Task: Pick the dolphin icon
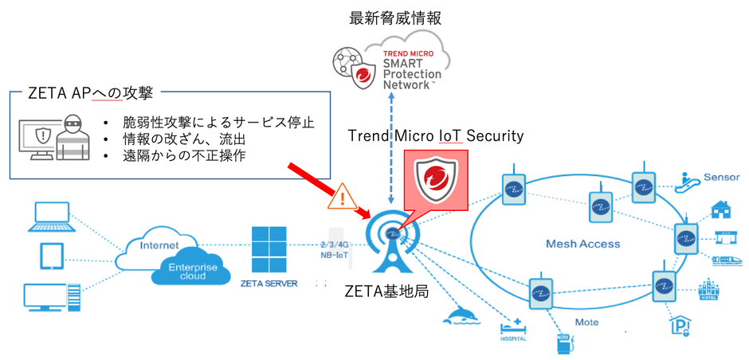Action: (465, 315)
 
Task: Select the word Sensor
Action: (722, 176)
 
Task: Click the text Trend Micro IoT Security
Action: (436, 136)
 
